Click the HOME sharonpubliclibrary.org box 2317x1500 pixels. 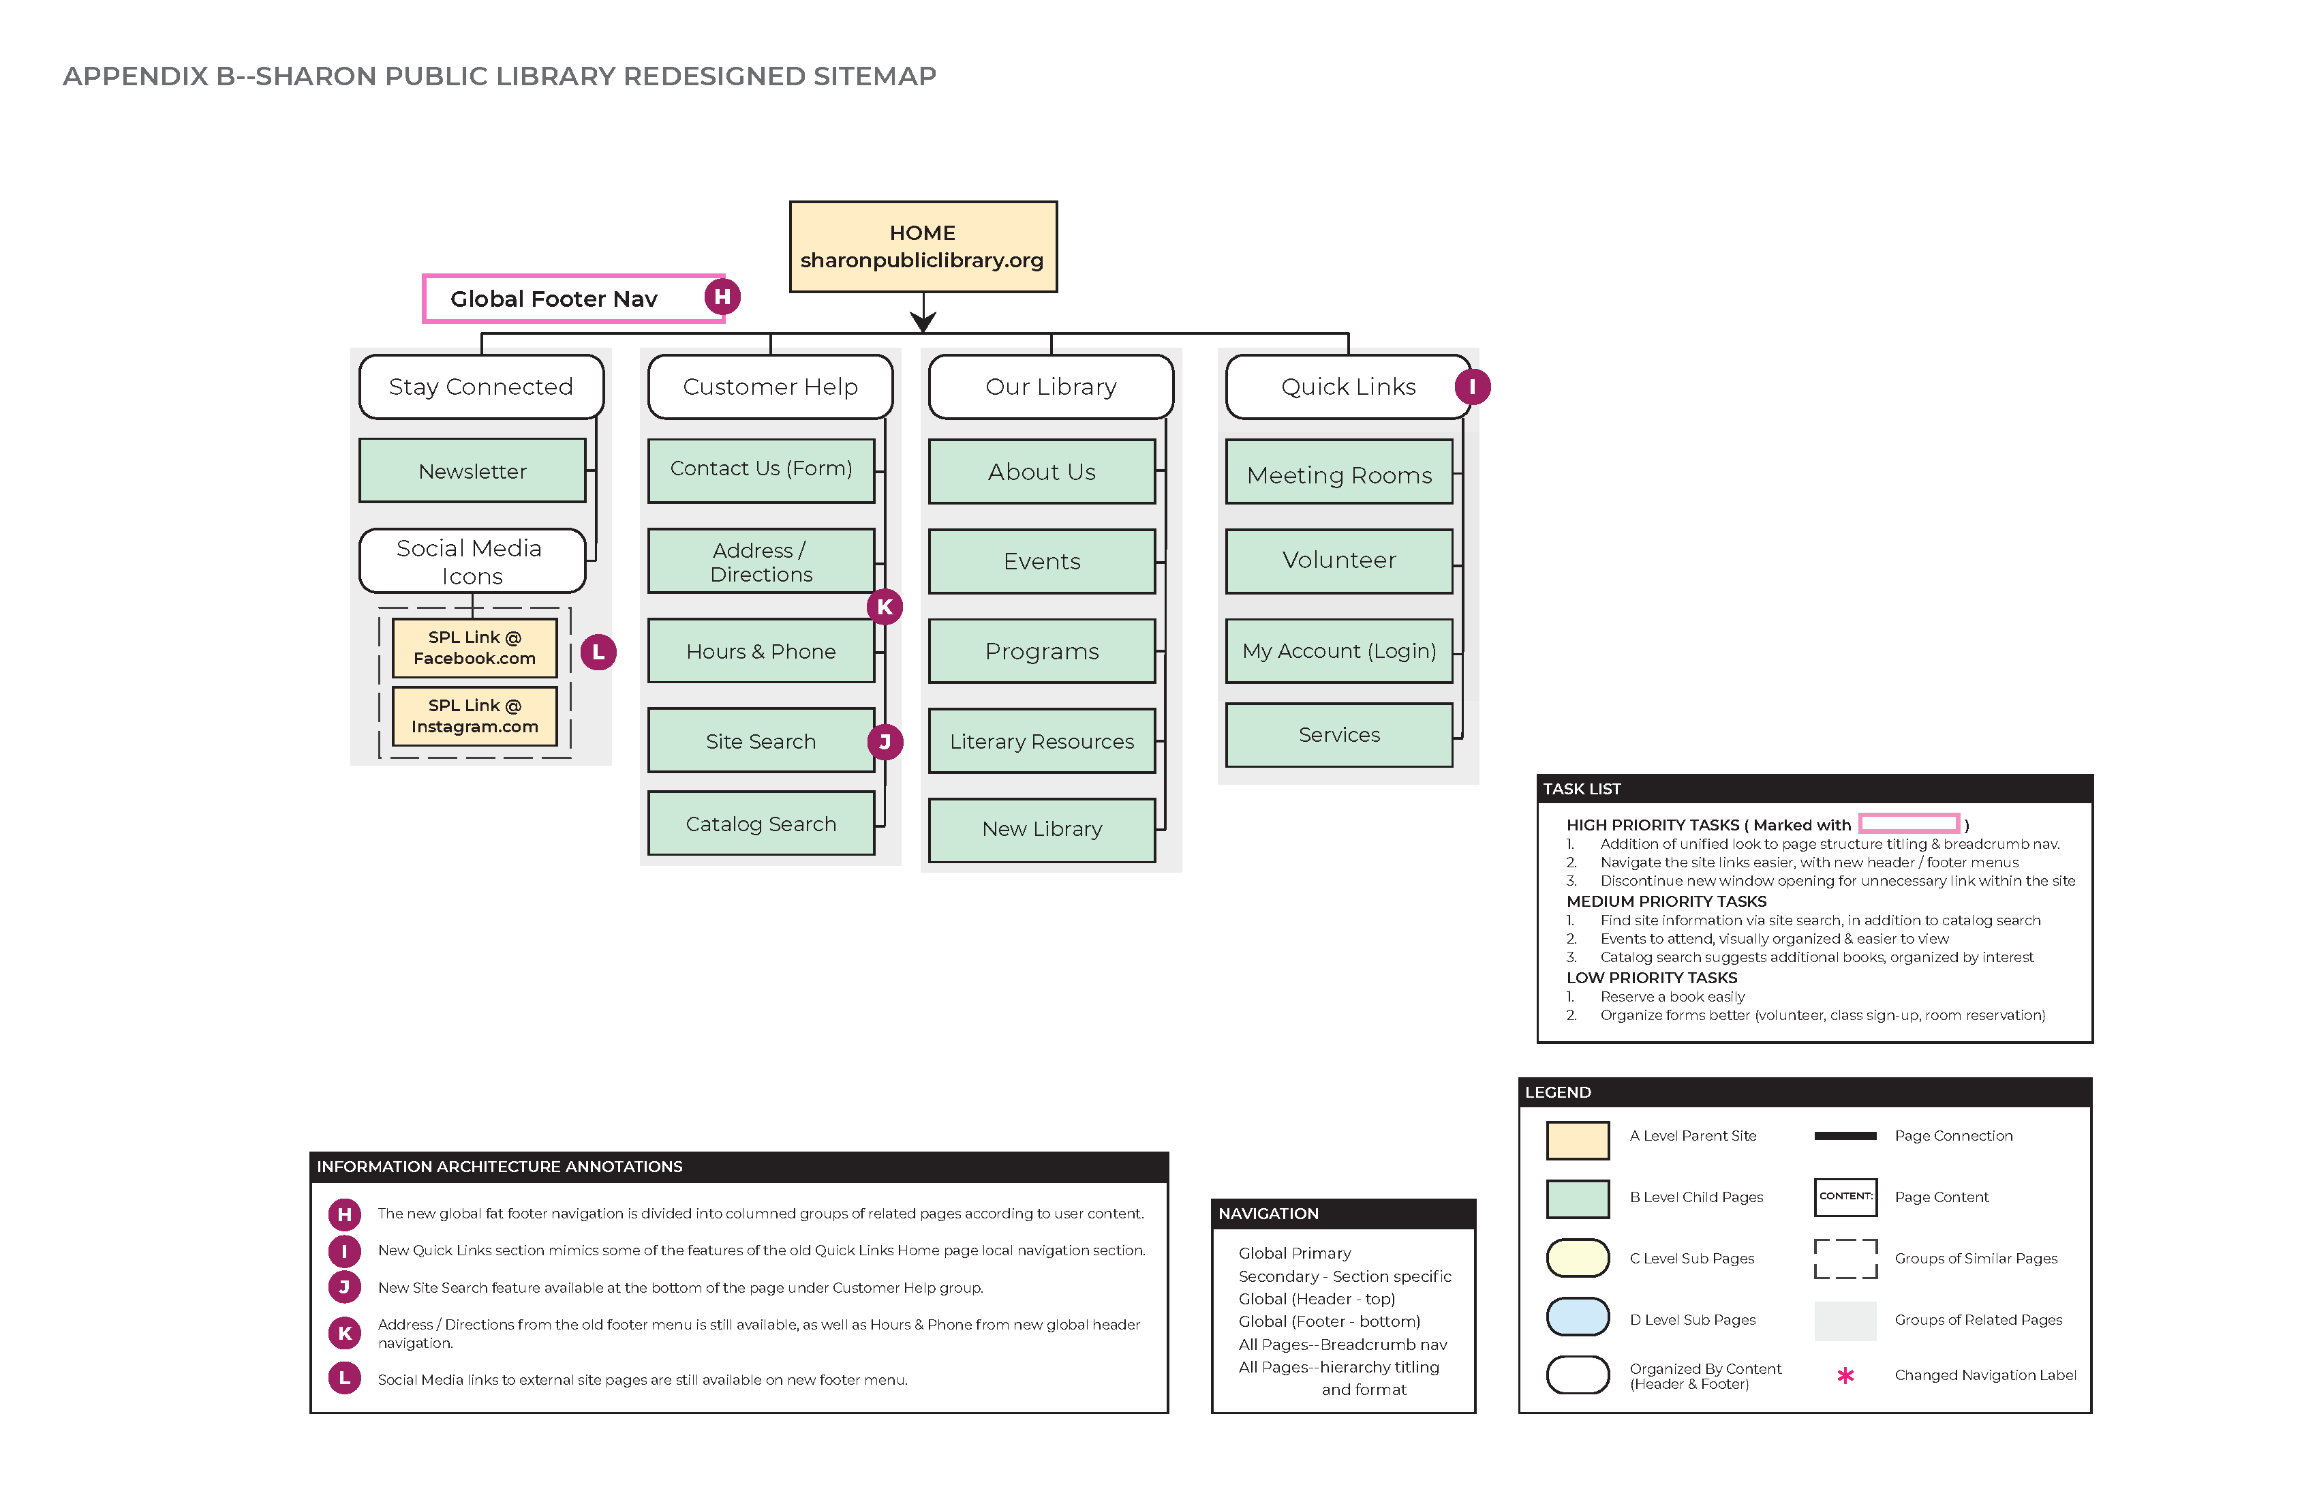click(x=922, y=246)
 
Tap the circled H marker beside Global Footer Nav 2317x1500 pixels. click(x=722, y=296)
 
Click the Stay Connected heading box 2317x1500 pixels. click(x=481, y=387)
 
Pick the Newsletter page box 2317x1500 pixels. click(x=472, y=470)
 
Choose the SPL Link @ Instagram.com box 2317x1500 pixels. click(x=474, y=716)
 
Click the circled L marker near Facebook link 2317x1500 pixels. click(x=598, y=652)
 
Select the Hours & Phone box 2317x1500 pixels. click(x=761, y=650)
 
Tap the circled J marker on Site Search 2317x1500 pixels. click(x=884, y=741)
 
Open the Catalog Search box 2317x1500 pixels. click(x=761, y=824)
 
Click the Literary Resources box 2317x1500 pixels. click(x=1042, y=741)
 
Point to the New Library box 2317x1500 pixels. click(x=1042, y=829)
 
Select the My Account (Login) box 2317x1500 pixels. click(x=1338, y=650)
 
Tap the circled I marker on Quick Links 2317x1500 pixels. click(x=1472, y=387)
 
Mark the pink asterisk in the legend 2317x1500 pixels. click(x=1845, y=1375)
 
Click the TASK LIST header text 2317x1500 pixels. click(x=1581, y=789)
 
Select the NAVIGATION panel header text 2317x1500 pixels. click(x=1268, y=1214)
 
